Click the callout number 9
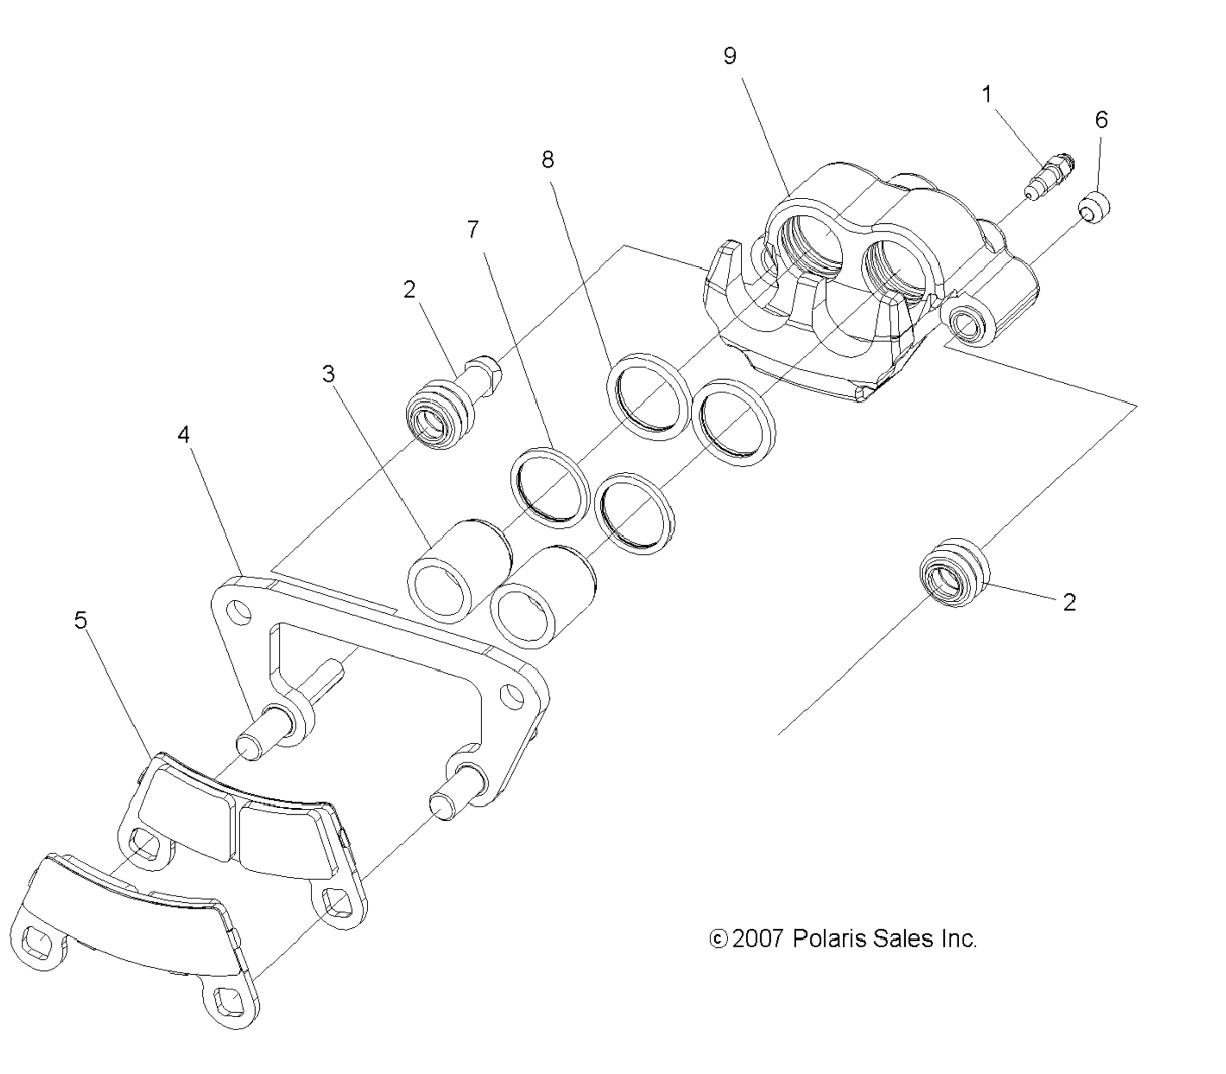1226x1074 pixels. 730,56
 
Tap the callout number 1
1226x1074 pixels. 986,94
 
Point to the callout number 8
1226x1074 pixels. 547,160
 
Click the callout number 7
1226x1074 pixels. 473,229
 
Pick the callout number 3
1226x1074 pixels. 328,374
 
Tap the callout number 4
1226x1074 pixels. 184,434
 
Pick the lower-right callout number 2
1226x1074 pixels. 1069,602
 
